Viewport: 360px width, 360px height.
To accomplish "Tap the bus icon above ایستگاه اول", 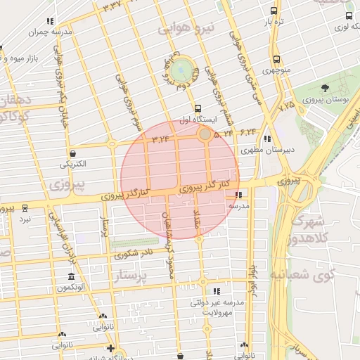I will click(198, 109).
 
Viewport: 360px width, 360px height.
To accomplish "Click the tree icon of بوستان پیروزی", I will click(325, 88).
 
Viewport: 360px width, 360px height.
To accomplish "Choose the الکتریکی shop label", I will click(73, 164).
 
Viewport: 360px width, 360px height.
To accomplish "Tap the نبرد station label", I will click(25, 219).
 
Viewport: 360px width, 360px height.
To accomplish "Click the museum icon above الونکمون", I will click(71, 277).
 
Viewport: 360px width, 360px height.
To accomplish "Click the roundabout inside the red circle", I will click(205, 134).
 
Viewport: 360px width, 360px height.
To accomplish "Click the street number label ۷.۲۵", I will click(287, 108).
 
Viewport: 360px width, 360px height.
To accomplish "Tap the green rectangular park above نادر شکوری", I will click(133, 244).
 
